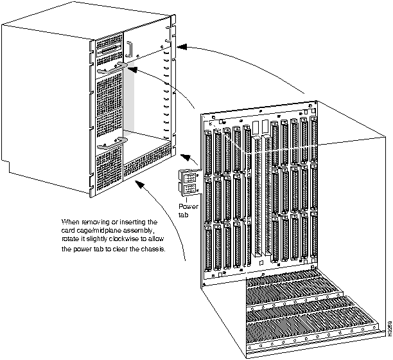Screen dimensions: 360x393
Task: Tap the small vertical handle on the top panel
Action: point(128,49)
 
